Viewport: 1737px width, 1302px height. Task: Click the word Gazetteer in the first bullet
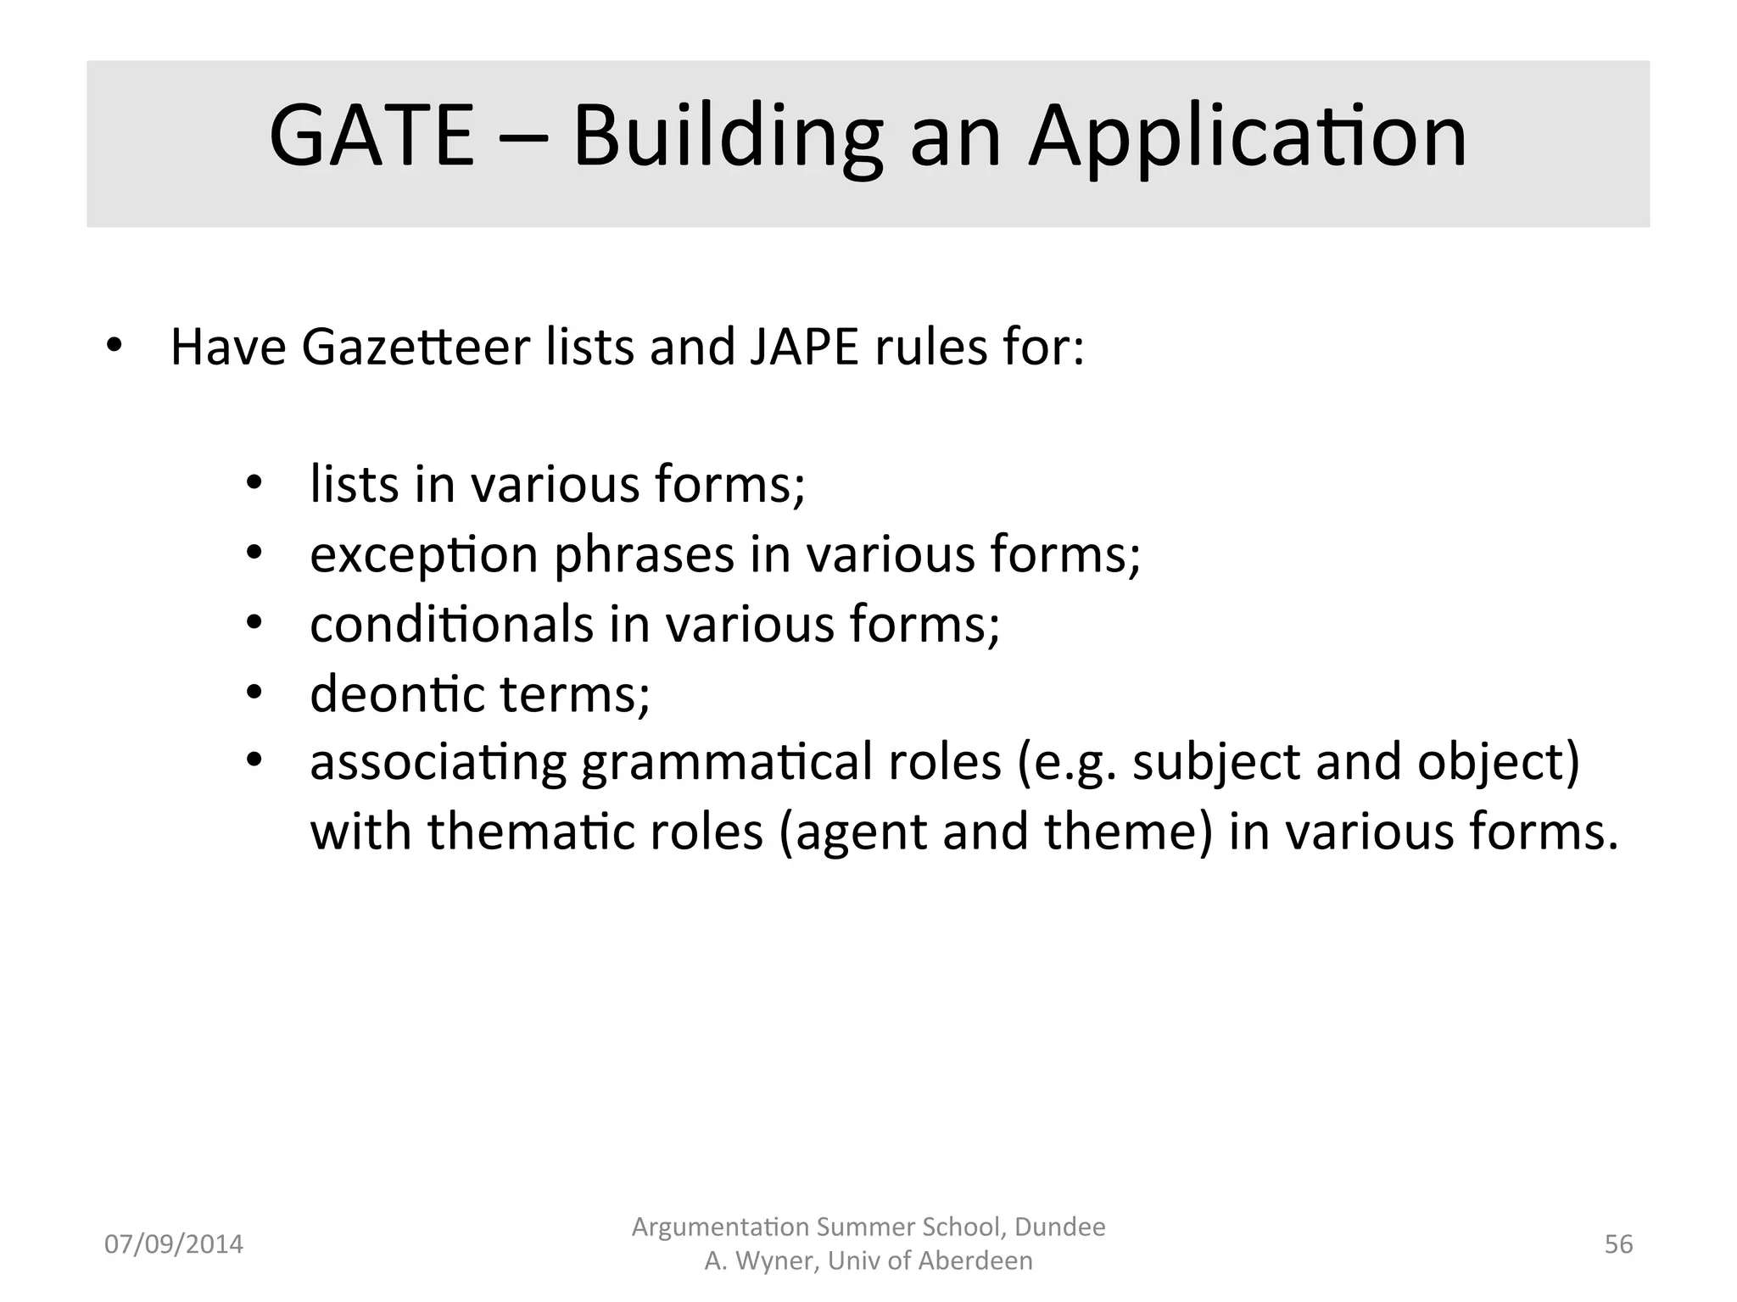pos(415,348)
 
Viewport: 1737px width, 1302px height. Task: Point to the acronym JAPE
pos(804,348)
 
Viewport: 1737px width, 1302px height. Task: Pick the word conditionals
pos(451,625)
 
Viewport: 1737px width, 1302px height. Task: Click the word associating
pos(438,763)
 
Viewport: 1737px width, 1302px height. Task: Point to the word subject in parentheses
pos(1215,763)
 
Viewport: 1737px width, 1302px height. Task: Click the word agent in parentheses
pos(849,832)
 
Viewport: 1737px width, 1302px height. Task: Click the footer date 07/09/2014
pos(174,1244)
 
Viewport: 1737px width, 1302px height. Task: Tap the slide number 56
pos(1618,1244)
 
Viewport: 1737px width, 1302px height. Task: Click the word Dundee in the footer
pos(1060,1227)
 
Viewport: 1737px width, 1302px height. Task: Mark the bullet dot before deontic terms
pos(254,694)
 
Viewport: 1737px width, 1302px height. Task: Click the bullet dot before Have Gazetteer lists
pos(114,347)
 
